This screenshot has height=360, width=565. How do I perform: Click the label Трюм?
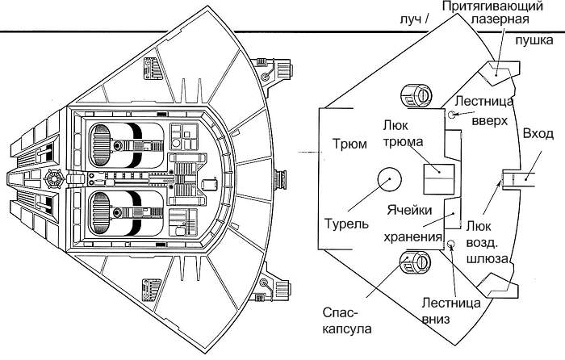pyautogui.click(x=349, y=145)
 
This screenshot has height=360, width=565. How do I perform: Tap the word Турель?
pyautogui.click(x=347, y=222)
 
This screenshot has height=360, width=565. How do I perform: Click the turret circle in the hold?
pyautogui.click(x=387, y=178)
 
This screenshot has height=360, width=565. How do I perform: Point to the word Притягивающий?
pyautogui.click(x=503, y=6)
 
